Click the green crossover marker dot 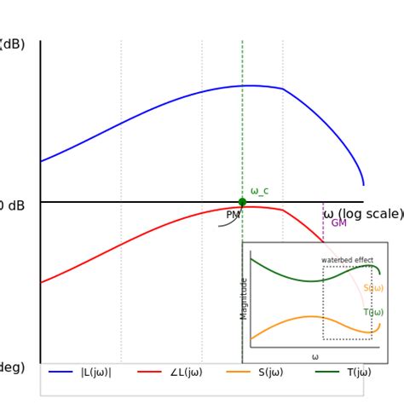coord(242,202)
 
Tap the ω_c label coord(259,191)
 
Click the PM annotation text coord(233,216)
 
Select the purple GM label coord(338,223)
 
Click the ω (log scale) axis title coord(363,214)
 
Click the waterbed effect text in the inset coord(347,260)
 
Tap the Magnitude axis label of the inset coord(245,298)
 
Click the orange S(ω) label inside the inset coord(373,288)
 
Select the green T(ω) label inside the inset coord(373,313)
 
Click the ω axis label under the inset coord(315,357)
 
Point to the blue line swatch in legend coord(61,372)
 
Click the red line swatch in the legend coord(149,372)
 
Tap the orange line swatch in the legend coord(238,372)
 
